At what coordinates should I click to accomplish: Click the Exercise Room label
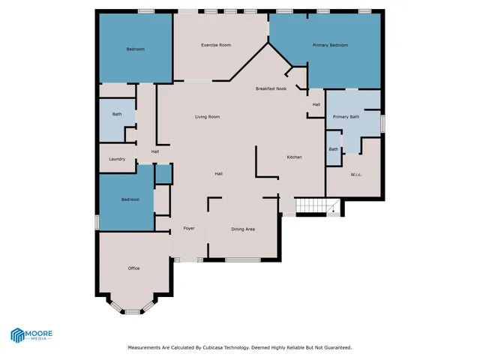pos(215,45)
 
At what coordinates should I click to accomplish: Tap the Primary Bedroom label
pos(330,45)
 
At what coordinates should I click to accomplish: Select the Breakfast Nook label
pos(271,88)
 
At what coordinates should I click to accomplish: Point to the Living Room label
pos(207,117)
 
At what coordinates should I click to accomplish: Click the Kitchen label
pos(295,157)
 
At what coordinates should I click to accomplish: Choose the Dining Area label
pos(243,229)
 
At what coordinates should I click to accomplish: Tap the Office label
pos(133,268)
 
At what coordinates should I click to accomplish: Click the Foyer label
pos(190,228)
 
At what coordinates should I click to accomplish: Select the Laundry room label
pos(117,159)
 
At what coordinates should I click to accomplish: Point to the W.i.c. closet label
pos(356,175)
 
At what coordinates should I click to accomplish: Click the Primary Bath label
pos(346,117)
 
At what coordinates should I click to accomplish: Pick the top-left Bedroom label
pos(135,49)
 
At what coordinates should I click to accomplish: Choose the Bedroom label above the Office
pos(130,199)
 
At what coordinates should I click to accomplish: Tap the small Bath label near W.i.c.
pos(333,149)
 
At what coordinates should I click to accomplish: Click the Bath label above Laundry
pos(117,114)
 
